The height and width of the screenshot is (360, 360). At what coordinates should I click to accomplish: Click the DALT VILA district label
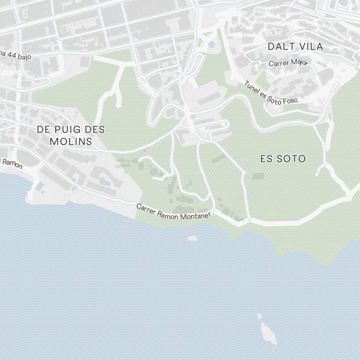point(295,46)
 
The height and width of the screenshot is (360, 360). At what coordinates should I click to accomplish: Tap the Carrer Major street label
point(288,63)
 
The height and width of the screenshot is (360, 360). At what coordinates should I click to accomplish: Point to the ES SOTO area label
point(283,159)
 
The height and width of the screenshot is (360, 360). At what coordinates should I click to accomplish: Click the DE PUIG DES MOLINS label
point(71,135)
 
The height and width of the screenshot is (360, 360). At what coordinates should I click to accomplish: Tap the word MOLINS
point(71,141)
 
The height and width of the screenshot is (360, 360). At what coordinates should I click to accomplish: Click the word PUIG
point(64,129)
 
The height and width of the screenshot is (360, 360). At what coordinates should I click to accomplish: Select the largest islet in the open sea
point(269,333)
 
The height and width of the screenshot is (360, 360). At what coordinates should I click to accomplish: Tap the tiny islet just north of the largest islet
point(260,316)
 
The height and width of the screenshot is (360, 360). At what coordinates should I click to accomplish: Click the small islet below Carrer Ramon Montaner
point(192,238)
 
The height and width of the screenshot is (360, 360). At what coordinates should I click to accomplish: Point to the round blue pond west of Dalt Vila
point(212,45)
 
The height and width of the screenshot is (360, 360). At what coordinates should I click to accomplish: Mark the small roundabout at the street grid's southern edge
point(141,79)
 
